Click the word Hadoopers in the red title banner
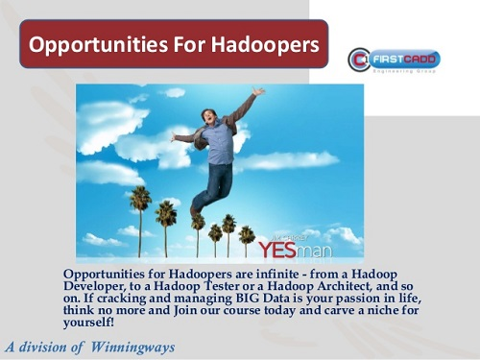point(263,44)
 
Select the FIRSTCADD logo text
point(406,59)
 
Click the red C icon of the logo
point(359,60)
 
